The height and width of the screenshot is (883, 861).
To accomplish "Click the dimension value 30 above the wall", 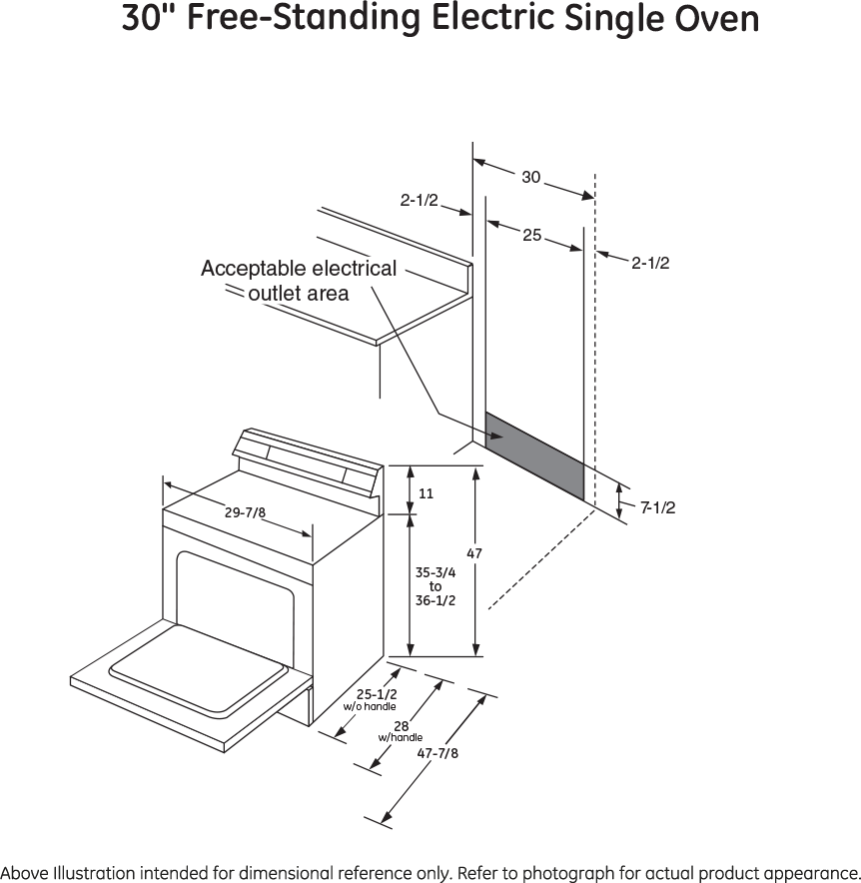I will pyautogui.click(x=530, y=178).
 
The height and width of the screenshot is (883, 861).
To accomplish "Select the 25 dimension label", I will pyautogui.click(x=531, y=236).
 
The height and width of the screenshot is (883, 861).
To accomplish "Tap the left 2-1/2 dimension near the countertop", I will pyautogui.click(x=420, y=201).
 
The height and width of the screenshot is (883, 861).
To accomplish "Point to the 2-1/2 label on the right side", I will pyautogui.click(x=650, y=263).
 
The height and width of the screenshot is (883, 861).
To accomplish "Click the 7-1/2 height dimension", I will pyautogui.click(x=657, y=507).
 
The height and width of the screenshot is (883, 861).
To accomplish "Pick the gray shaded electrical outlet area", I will pyautogui.click(x=534, y=453).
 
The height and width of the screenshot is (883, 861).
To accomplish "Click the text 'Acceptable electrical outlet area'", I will pyautogui.click(x=298, y=281).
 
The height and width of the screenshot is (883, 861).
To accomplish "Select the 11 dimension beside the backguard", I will pyautogui.click(x=426, y=493).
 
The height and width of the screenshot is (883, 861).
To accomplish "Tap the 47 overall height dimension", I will pyautogui.click(x=474, y=552).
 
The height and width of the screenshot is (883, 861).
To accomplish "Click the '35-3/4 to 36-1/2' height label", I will pyautogui.click(x=435, y=586).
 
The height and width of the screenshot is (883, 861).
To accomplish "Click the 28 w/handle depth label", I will pyautogui.click(x=400, y=730).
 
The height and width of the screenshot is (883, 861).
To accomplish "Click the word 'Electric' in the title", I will pyautogui.click(x=482, y=19).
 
